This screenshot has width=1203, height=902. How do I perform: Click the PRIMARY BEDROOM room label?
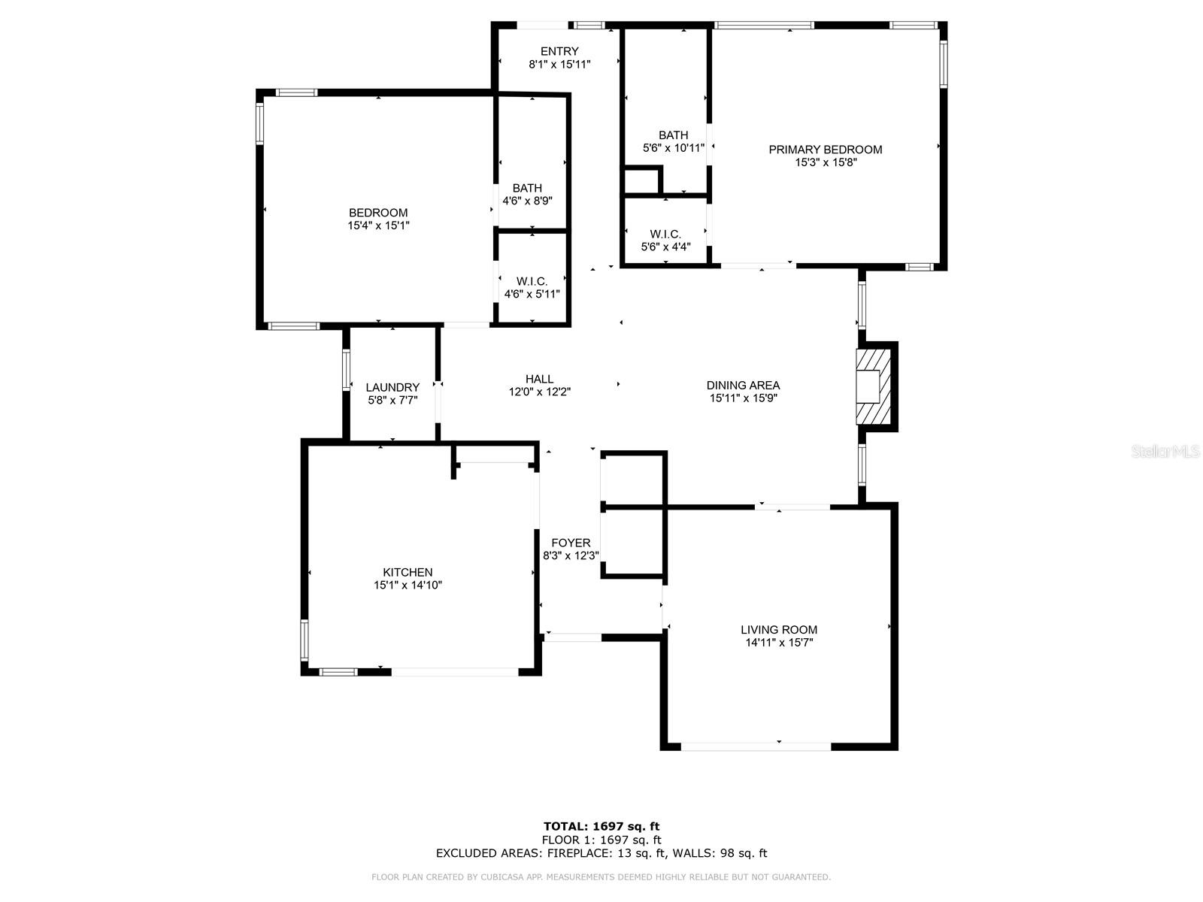point(825,150)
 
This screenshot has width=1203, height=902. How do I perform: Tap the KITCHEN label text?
point(408,572)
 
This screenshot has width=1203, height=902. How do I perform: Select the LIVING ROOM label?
point(779,630)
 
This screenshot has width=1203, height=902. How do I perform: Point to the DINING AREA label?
point(743,385)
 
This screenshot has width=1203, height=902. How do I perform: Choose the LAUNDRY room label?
point(392,387)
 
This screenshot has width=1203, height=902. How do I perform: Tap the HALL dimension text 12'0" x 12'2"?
point(539,392)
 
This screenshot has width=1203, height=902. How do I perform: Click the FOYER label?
point(571,543)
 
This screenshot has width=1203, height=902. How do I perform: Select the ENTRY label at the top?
point(559,51)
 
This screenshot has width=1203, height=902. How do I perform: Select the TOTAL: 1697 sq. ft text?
point(601,827)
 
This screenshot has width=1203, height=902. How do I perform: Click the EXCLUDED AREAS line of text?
point(601,853)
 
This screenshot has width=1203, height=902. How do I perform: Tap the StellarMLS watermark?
point(1165,452)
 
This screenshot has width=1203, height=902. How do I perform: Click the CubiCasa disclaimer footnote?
point(601,877)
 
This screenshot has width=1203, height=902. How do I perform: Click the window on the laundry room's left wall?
point(347,369)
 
